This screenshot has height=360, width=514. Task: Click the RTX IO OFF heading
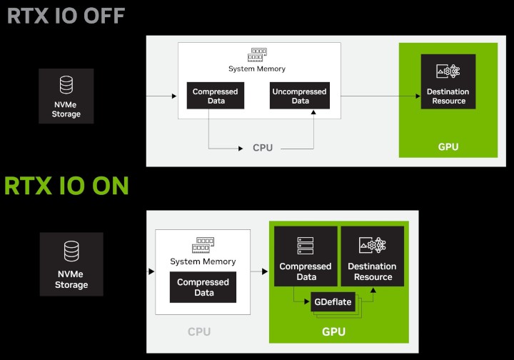66,15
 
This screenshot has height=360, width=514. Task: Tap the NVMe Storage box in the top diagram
66,96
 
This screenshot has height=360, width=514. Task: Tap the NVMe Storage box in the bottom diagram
71,264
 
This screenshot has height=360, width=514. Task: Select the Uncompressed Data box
300,96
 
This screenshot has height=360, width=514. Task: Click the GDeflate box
333,302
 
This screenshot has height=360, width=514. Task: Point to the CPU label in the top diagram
263,148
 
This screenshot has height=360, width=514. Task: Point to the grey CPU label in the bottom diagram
199,331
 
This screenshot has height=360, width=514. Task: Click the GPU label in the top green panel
448,147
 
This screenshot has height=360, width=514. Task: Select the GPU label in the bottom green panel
333,331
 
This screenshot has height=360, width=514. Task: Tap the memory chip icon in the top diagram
257,56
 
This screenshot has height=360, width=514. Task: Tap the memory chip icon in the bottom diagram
203,246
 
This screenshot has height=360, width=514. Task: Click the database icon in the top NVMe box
66,86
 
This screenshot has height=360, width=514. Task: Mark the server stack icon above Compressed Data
305,246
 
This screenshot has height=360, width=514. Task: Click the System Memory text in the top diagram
257,69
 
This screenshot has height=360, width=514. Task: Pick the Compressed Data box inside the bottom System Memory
203,287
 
